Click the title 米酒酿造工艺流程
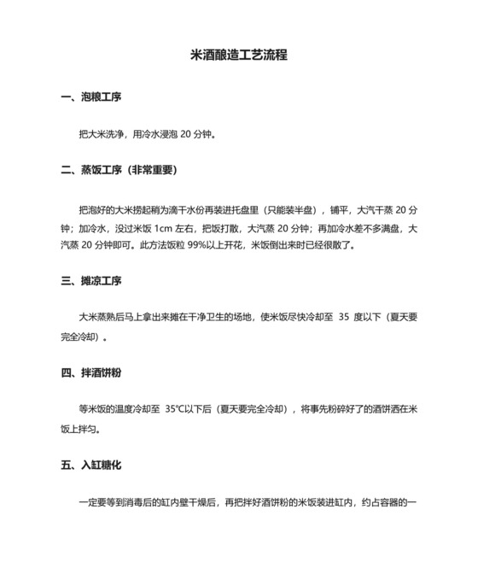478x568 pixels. [238, 56]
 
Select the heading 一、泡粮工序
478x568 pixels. [91, 98]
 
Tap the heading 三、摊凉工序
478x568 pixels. [91, 280]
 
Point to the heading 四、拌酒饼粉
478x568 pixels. [91, 372]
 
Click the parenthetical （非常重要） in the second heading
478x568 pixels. [150, 170]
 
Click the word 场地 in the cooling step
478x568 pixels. [248, 316]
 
